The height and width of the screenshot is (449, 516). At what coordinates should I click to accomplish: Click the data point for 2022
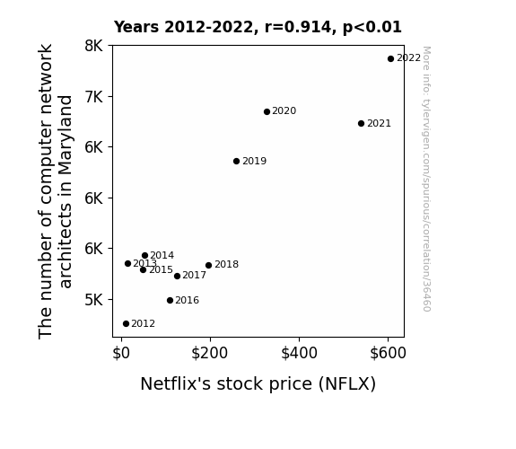390,59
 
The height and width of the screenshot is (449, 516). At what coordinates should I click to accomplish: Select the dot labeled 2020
267,112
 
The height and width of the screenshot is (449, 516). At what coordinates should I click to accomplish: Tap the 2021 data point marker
361,124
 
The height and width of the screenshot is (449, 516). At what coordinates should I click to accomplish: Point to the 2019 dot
236,161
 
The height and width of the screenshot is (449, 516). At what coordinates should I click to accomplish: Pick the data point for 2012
126,324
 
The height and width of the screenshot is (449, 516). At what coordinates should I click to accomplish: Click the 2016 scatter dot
170,301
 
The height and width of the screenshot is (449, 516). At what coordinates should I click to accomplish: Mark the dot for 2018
208,265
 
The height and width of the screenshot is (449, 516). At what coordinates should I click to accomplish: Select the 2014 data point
144,255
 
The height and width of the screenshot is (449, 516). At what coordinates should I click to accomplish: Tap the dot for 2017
177,276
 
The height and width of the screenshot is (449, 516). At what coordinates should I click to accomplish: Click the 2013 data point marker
127,263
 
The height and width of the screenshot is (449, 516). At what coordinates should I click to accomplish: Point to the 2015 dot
143,269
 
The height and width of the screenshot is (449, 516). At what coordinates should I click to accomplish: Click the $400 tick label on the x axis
299,353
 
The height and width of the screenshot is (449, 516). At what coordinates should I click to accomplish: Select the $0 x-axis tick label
121,353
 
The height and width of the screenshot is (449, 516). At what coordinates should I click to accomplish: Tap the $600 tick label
388,353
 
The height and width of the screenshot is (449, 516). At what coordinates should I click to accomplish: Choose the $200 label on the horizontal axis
210,353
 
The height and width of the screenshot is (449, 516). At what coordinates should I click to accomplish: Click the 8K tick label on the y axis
94,46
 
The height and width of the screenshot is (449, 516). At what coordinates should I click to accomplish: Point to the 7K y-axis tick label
94,97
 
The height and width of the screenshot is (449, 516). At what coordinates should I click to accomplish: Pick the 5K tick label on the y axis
94,300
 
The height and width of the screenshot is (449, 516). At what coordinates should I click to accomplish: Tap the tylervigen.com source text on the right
426,179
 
